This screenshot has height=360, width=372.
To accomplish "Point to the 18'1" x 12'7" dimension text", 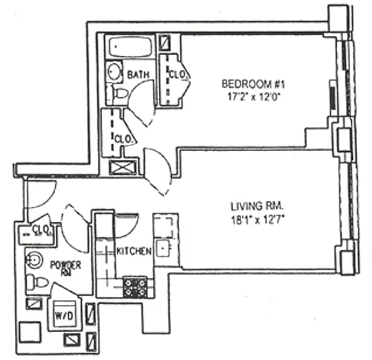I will click(255, 219).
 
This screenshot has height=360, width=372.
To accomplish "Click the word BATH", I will click(138, 75).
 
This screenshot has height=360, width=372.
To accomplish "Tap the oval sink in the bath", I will click(114, 71).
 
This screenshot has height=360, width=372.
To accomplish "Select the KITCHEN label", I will click(133, 251).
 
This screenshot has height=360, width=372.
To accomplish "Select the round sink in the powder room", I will click(35, 259).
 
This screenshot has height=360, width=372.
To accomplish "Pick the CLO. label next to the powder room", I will click(42, 229).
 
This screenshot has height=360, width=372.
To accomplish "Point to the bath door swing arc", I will click(143, 102).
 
